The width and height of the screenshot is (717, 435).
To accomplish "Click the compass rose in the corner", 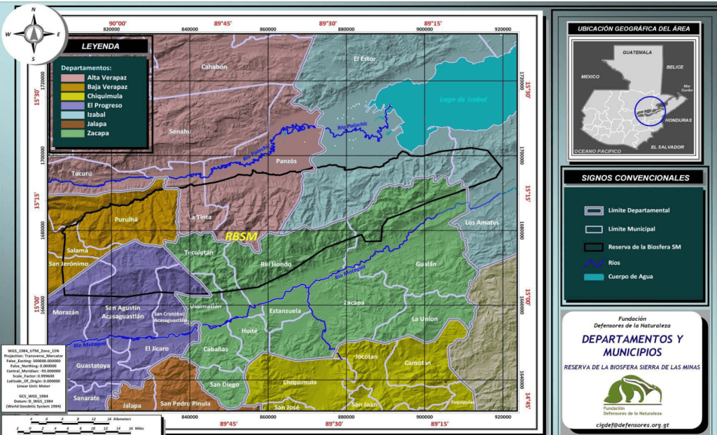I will tap(33, 33).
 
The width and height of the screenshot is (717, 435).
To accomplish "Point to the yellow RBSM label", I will tap(241, 237).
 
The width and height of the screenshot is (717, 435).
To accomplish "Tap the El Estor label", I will tap(364, 59).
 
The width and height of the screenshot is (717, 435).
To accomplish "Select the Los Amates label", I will tap(482, 223).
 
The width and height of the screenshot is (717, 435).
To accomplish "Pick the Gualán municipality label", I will tap(425, 264).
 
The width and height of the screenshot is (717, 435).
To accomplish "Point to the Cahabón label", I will tap(214, 67).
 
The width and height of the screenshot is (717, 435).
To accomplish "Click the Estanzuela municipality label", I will tap(285, 310).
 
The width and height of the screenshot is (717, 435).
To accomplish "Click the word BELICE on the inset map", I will tap(674, 67).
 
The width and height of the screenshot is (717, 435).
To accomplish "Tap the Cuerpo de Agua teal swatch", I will tap(594, 278).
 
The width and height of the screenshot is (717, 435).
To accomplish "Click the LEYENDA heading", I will tap(101, 47).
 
